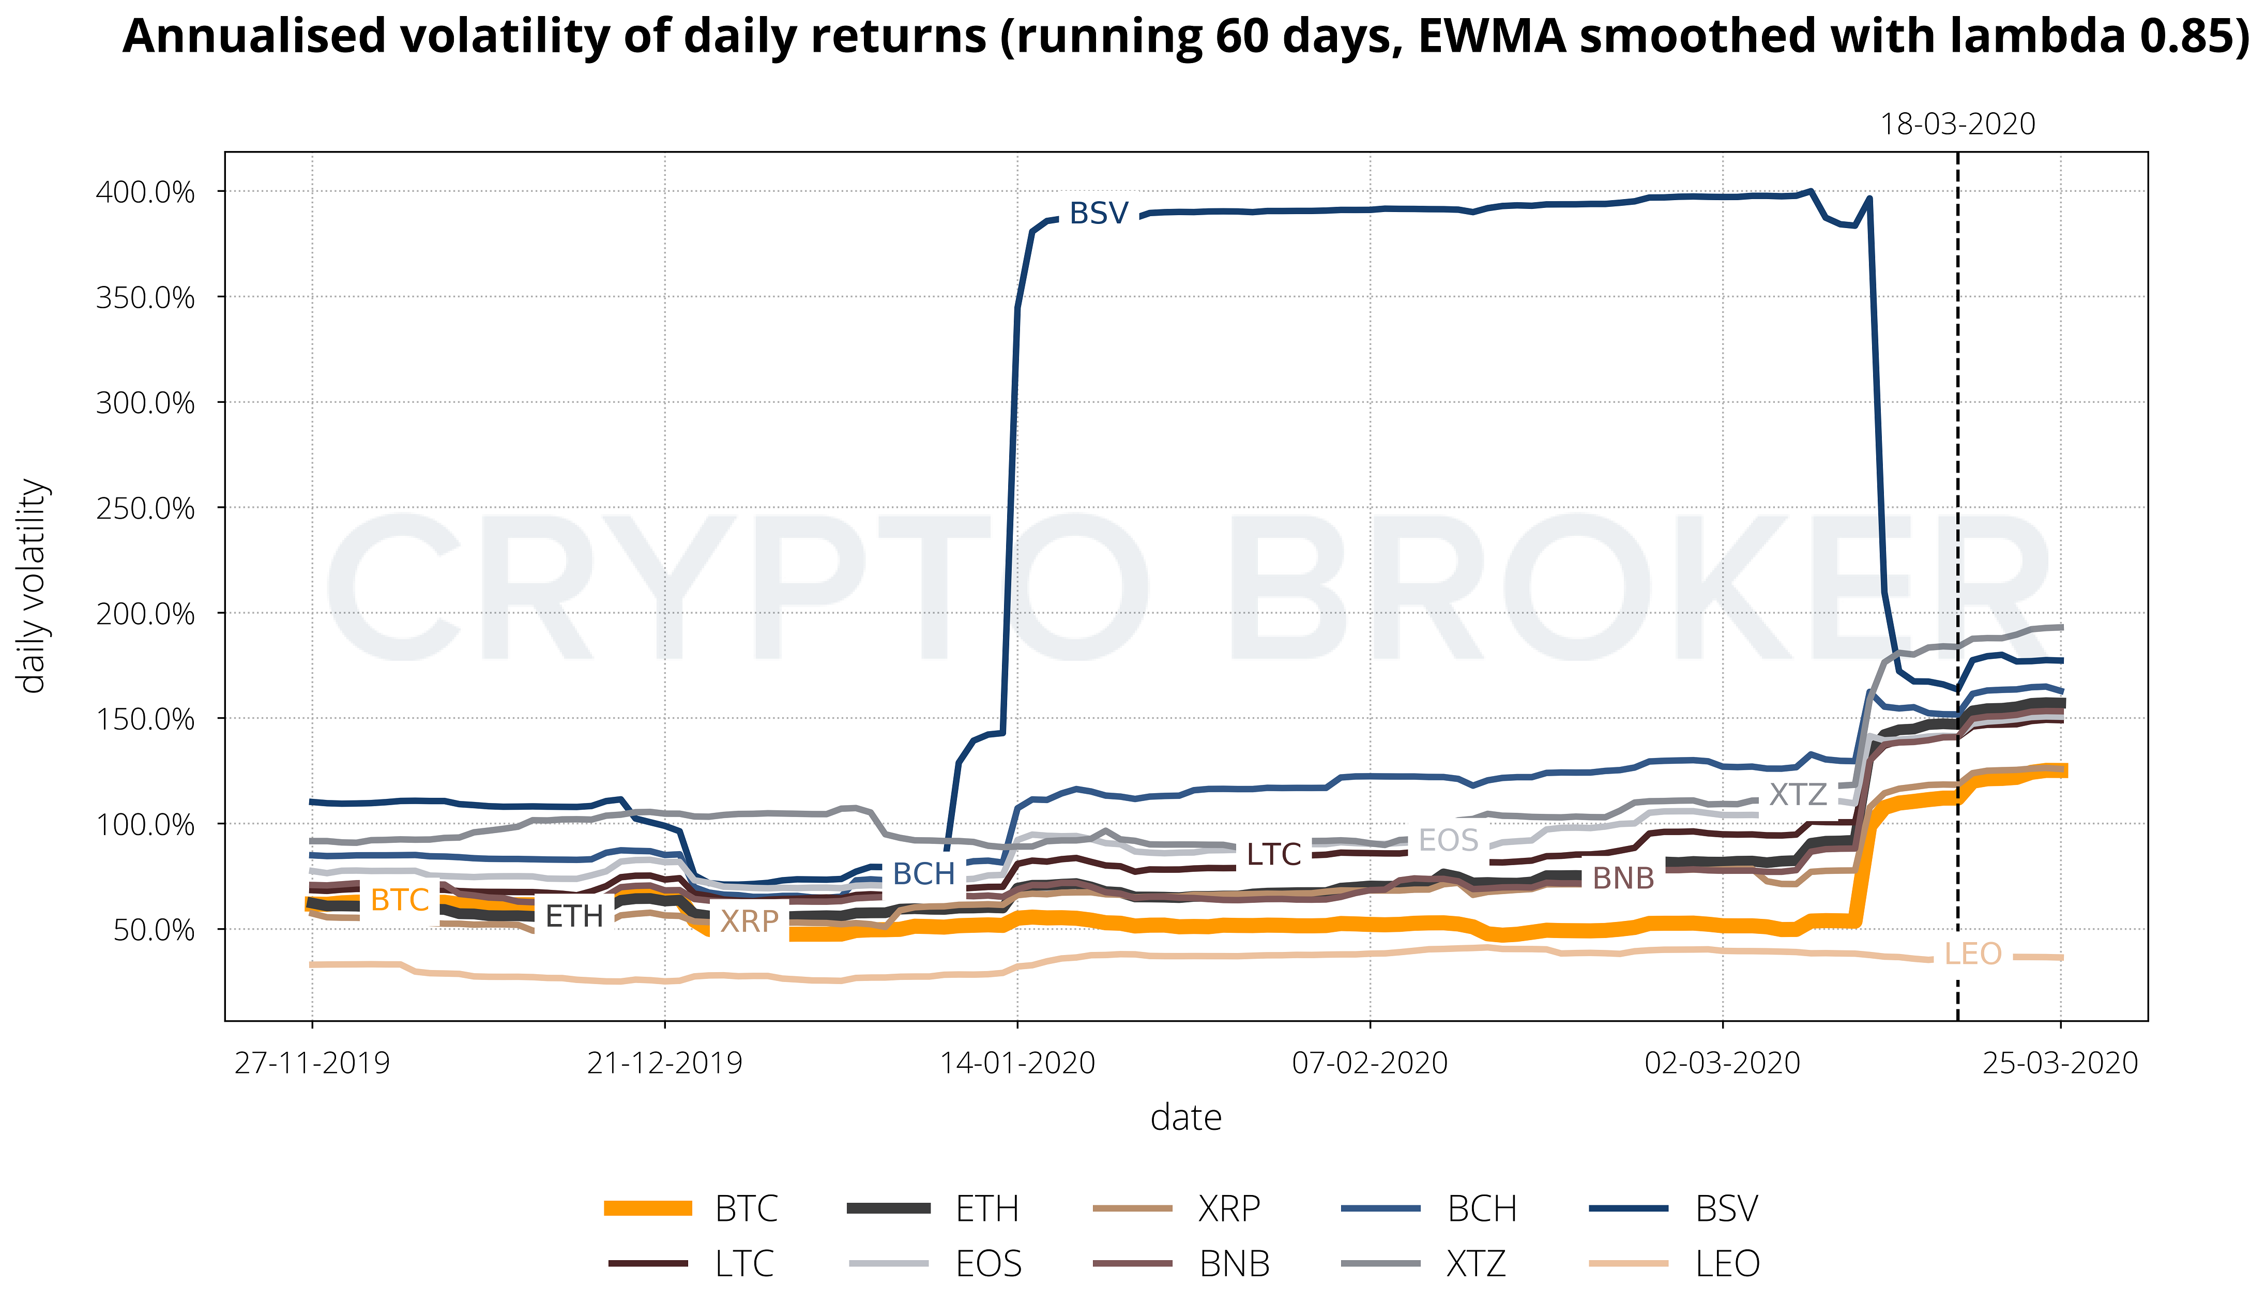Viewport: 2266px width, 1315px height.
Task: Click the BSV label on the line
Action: point(1098,214)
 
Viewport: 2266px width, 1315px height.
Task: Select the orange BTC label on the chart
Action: point(399,899)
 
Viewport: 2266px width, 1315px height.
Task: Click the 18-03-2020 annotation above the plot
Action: point(1957,124)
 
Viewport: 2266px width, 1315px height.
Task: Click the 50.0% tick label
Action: point(154,930)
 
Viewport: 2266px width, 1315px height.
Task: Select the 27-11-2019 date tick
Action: point(312,1063)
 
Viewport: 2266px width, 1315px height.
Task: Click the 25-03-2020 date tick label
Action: point(2060,1063)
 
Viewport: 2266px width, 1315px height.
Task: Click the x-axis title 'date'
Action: point(1186,1118)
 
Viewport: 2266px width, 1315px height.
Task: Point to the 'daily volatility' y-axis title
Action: point(33,585)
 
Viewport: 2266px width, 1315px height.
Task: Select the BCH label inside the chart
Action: point(923,873)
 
